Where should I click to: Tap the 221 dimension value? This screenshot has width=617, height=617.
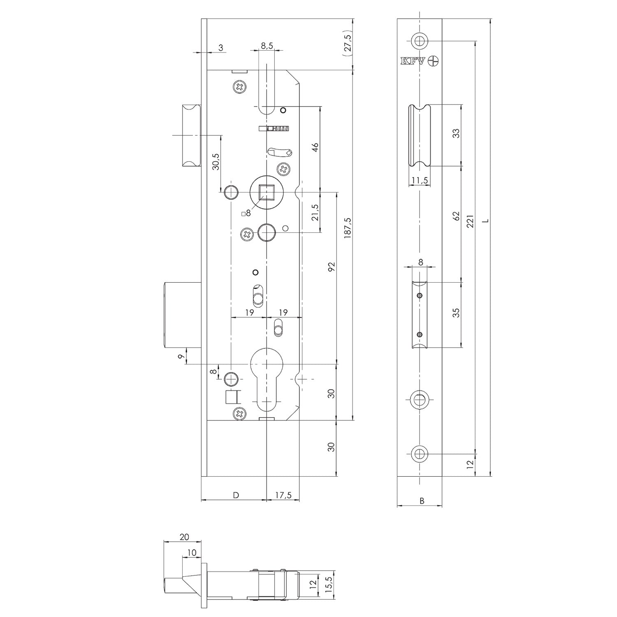471,221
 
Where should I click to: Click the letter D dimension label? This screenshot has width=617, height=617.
236,495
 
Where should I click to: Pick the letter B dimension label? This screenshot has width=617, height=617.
422,501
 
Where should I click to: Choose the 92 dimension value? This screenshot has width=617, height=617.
332,267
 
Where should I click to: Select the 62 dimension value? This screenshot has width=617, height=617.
455,216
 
